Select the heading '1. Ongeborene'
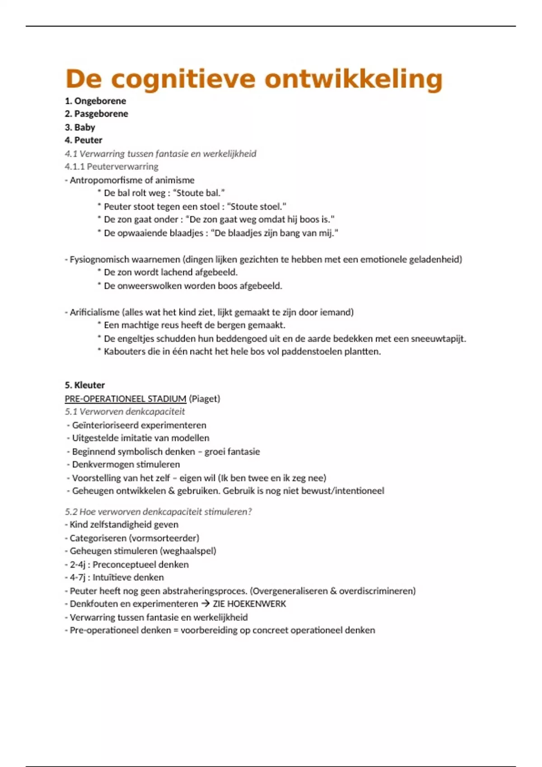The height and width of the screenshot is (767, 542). tap(95, 101)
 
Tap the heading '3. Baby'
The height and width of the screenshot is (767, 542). tap(80, 127)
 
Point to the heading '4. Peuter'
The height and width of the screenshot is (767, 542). tap(84, 140)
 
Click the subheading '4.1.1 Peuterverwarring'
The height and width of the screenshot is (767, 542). tap(112, 166)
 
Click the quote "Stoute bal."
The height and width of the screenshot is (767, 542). tap(199, 193)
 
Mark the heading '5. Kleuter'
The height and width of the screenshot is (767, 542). tap(85, 385)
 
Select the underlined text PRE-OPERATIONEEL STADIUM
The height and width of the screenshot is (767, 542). tap(126, 399)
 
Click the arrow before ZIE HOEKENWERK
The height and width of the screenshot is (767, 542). tap(206, 604)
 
